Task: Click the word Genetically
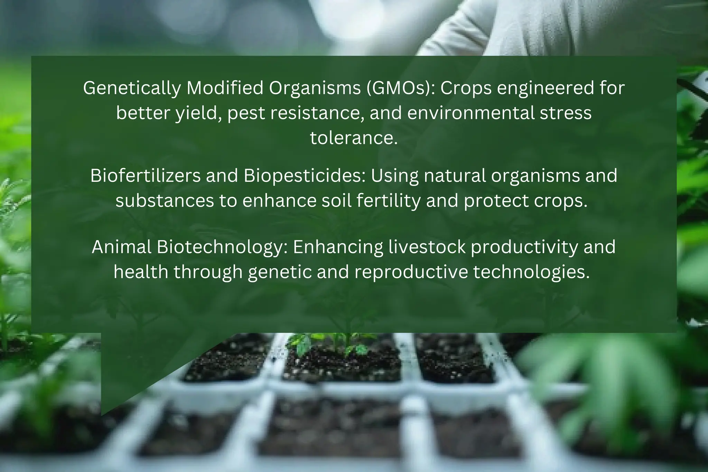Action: point(132,88)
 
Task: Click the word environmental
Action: point(471,113)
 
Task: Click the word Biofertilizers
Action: point(145,176)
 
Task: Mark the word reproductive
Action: point(411,272)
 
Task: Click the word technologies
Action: point(531,272)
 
